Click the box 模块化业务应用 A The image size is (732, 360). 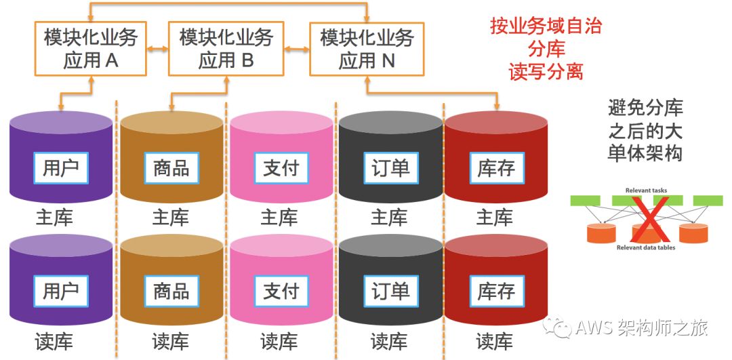[x=90, y=49]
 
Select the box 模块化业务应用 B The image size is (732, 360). [x=226, y=49]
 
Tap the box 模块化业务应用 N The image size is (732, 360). [x=367, y=49]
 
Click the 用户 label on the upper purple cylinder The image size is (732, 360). [x=61, y=167]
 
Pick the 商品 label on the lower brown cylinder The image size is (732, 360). [x=171, y=291]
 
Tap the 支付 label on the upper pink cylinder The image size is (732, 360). [x=281, y=167]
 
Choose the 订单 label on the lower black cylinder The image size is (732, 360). [x=391, y=291]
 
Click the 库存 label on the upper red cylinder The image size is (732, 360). [x=496, y=167]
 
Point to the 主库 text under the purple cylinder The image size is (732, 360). [x=54, y=218]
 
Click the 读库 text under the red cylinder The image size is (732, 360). [x=494, y=341]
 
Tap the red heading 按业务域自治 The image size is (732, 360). [x=546, y=26]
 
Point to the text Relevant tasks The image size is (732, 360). [x=646, y=191]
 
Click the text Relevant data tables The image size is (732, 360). [x=646, y=248]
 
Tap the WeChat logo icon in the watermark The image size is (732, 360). [x=560, y=329]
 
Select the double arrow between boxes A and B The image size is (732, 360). [x=157, y=49]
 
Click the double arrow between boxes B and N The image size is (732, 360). [x=297, y=49]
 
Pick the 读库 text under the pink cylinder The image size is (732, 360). [x=279, y=341]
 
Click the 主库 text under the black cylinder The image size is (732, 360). [x=389, y=218]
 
